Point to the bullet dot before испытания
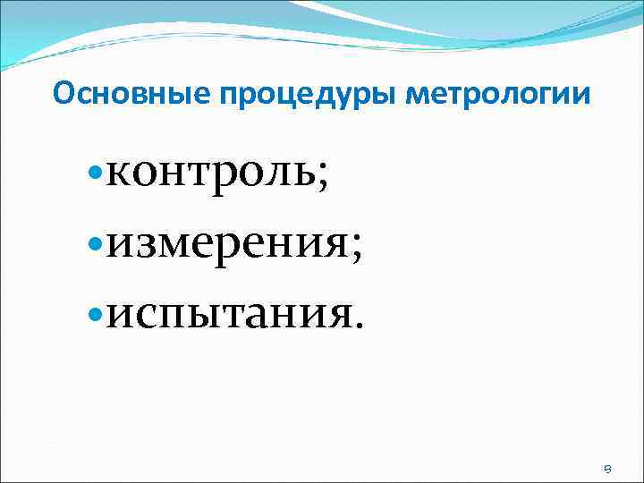click(x=96, y=312)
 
